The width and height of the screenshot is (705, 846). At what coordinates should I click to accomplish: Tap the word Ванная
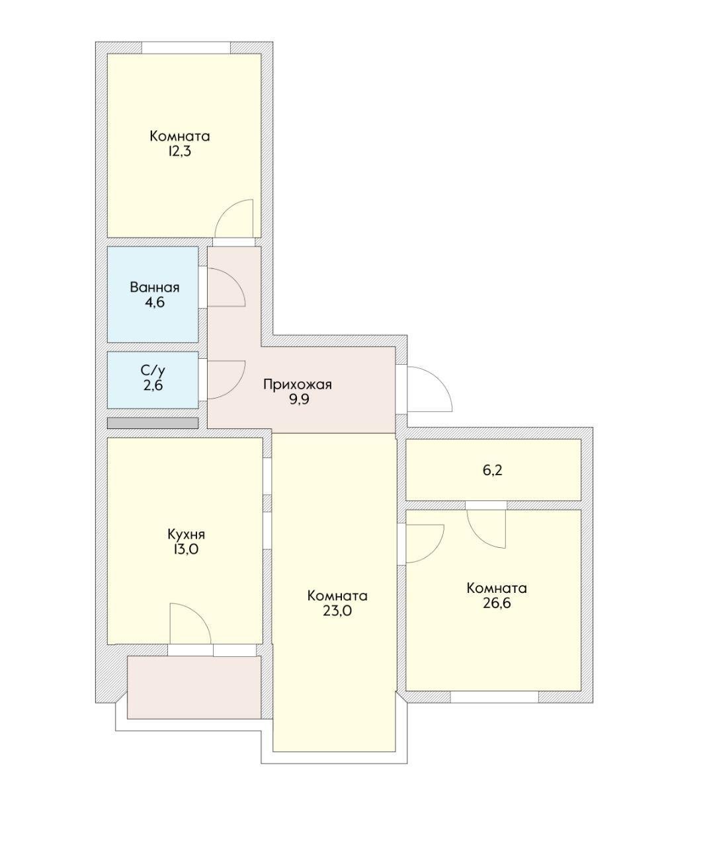(x=155, y=288)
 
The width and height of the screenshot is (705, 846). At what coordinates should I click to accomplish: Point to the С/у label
(x=153, y=370)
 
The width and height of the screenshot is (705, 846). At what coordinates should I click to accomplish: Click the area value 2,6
(x=153, y=385)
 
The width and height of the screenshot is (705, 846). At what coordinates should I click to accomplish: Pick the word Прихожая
(x=297, y=384)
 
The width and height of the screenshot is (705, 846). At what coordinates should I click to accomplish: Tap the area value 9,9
(x=298, y=400)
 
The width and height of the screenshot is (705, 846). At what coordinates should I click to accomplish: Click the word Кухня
(x=186, y=534)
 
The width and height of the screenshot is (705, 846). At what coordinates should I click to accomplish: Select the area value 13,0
(x=185, y=550)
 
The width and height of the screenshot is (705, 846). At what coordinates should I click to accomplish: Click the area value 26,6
(x=496, y=603)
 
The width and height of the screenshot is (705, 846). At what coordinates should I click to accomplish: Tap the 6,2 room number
(x=493, y=471)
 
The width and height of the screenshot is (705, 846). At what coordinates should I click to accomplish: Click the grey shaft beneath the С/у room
(x=152, y=423)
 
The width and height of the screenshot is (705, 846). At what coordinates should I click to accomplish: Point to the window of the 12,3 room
(x=186, y=48)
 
